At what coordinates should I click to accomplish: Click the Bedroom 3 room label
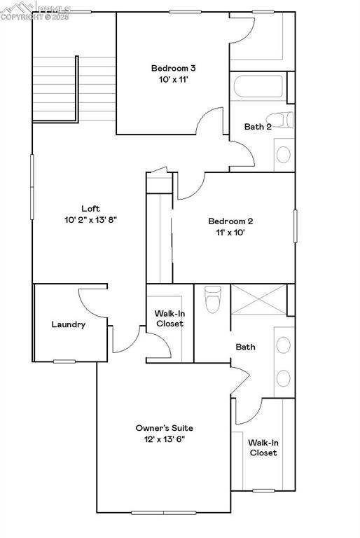173,68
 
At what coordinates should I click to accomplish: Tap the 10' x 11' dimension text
173,80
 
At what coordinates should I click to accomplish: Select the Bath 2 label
258,127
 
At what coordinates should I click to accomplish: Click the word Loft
90,208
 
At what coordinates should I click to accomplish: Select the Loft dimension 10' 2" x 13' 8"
90,220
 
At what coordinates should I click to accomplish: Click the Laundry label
69,324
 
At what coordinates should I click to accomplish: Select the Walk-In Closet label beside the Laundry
169,318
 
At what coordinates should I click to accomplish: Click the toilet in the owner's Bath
213,301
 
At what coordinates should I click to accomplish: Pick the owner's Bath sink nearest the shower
284,345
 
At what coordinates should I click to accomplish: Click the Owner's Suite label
164,427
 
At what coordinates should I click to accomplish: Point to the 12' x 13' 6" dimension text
164,439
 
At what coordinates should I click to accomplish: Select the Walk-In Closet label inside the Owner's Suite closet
263,448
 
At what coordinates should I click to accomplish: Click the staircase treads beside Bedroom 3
54,89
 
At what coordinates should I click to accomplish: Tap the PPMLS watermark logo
35,11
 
